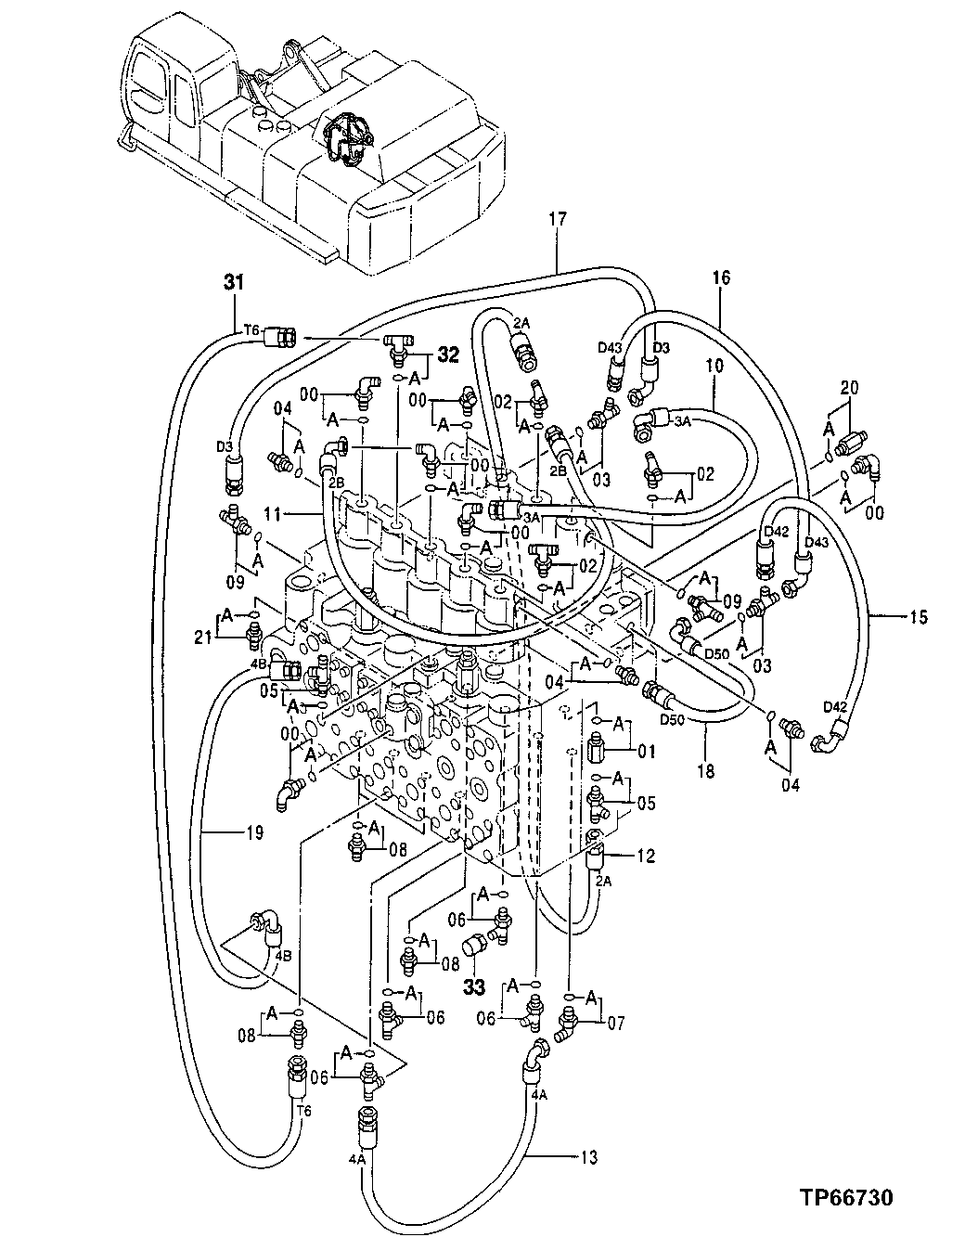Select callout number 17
point(557,220)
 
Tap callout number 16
point(721,277)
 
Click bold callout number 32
point(448,353)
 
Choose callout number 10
point(714,366)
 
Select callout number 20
point(850,386)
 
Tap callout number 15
point(918,615)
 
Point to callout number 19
point(254,832)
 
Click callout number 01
point(646,751)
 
